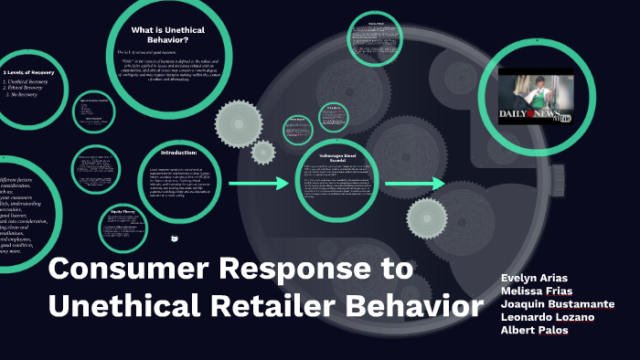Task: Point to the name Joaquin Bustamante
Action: pyautogui.click(x=558, y=303)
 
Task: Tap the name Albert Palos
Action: pyautogui.click(x=535, y=329)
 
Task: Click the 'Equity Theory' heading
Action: pyautogui.click(x=123, y=211)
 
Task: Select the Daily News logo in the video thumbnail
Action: pyautogui.click(x=525, y=115)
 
